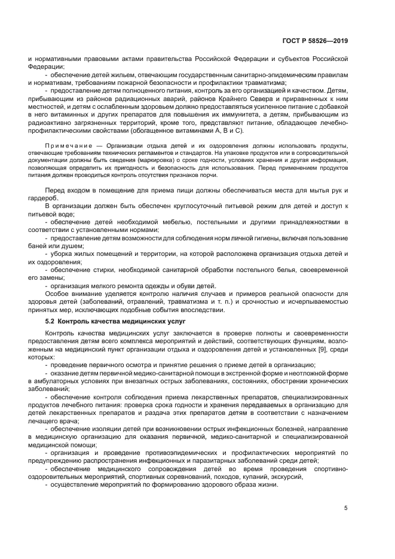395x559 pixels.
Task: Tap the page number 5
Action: (x=345, y=508)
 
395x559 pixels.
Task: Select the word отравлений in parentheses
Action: (x=128, y=302)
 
